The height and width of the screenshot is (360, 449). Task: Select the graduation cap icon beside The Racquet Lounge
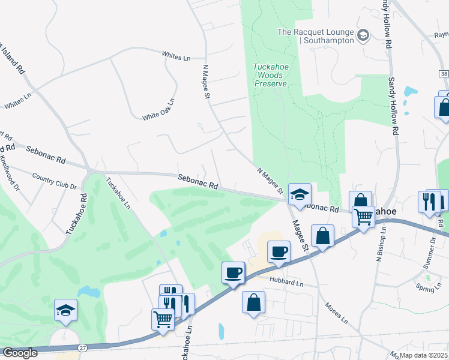pyautogui.click(x=363, y=35)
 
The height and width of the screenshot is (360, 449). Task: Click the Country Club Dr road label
pyautogui.click(x=55, y=182)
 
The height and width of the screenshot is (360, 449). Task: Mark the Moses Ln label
pyautogui.click(x=336, y=311)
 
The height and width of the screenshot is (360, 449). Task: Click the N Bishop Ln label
pyautogui.click(x=379, y=244)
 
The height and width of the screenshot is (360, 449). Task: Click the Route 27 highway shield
pyautogui.click(x=82, y=348)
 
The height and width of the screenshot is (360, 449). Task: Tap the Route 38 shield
pyautogui.click(x=443, y=73)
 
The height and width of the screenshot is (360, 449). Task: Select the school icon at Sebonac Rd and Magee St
pyautogui.click(x=300, y=194)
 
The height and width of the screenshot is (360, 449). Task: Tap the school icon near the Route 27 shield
pyautogui.click(x=65, y=310)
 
